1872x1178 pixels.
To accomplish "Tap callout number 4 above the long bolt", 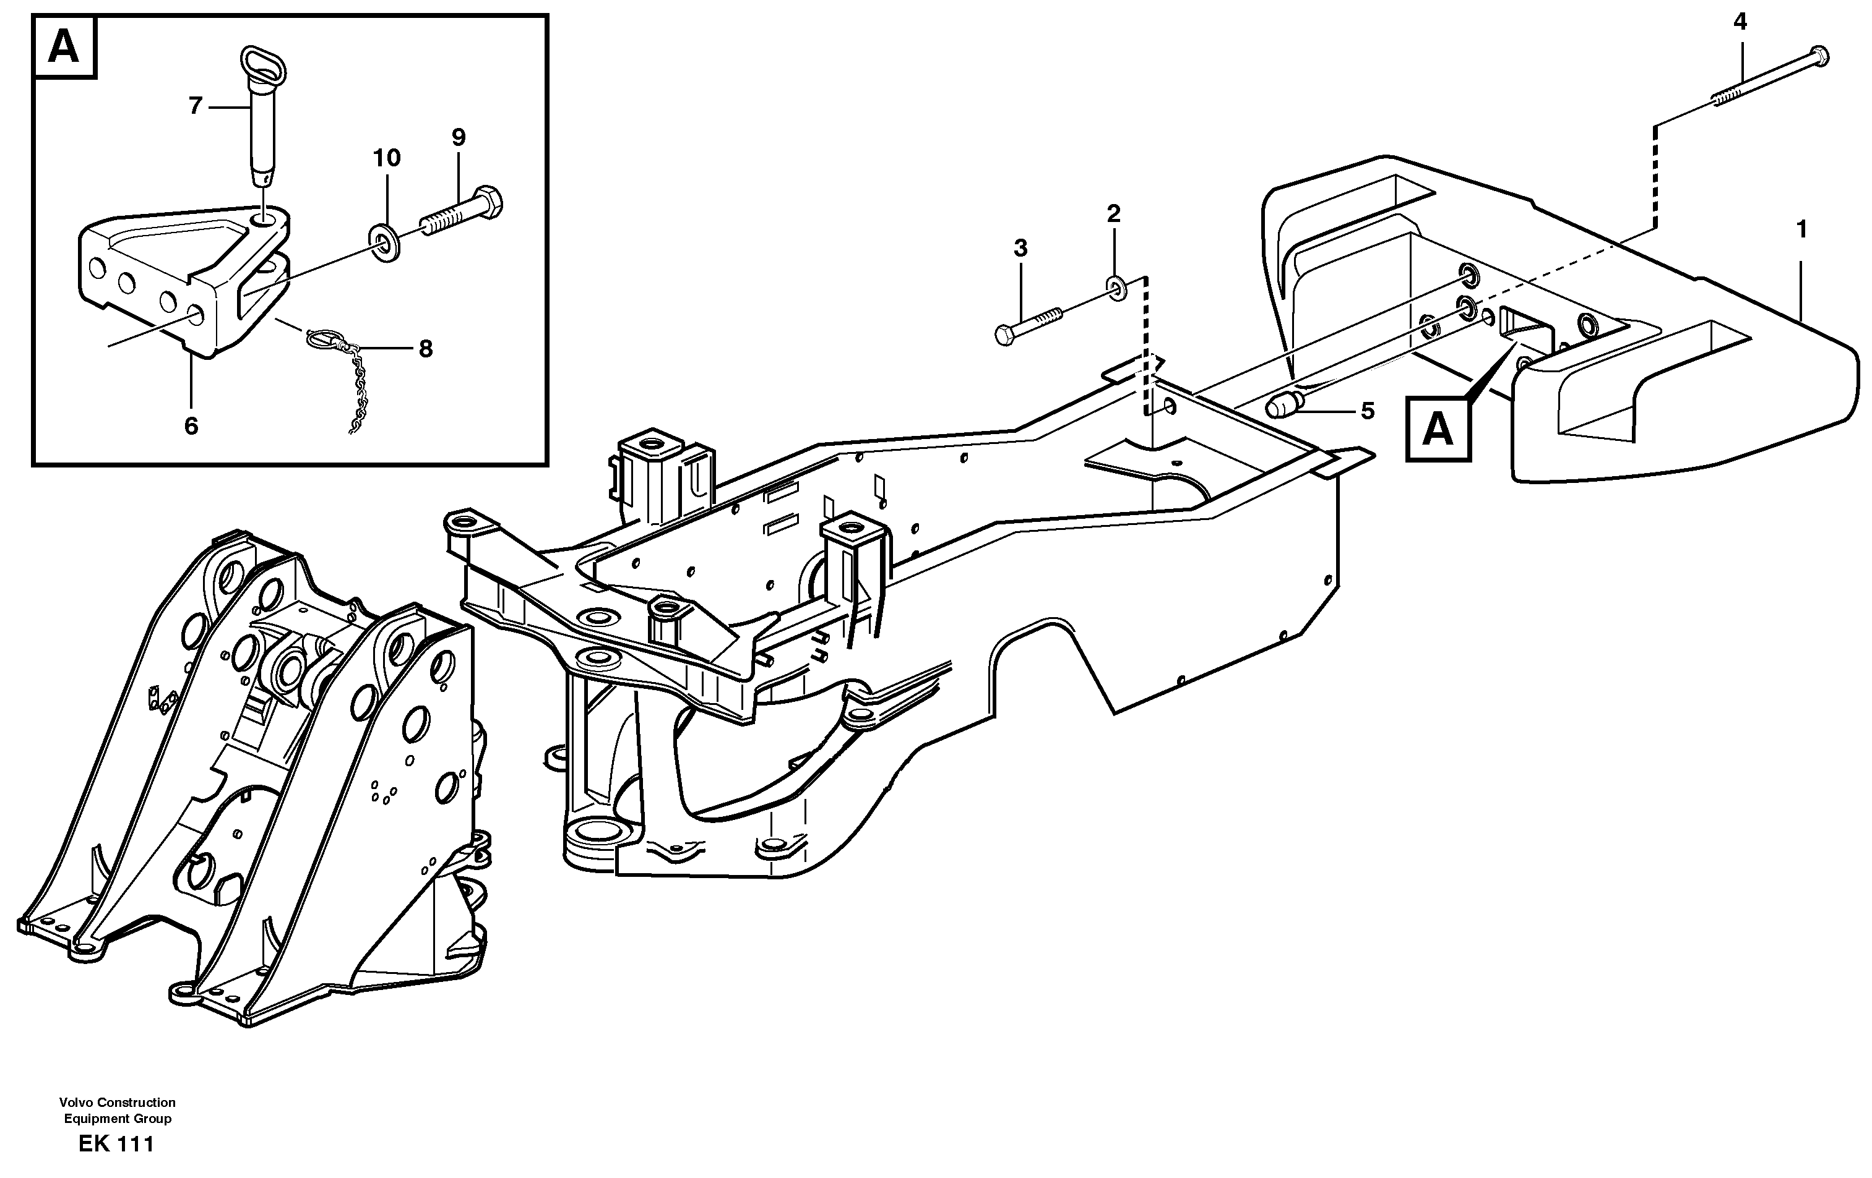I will coord(1740,22).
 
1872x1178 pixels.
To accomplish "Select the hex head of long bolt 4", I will coord(1819,56).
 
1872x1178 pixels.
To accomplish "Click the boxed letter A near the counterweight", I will coord(1438,430).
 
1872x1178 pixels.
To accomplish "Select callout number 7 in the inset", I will coord(195,106).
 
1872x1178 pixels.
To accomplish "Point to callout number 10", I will coord(386,158).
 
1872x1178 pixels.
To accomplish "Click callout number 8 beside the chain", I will coord(425,349).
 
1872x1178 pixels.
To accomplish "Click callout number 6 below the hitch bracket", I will coord(191,426).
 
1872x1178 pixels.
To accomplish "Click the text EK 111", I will coord(116,1145).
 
